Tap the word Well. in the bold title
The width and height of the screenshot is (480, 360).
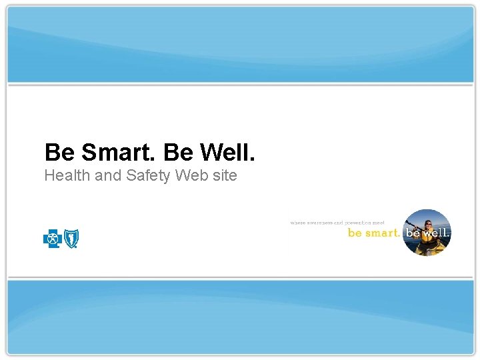pyautogui.click(x=226, y=153)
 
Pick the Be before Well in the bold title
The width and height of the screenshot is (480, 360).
pyautogui.click(x=177, y=153)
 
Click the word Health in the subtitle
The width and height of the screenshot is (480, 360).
pyautogui.click(x=65, y=176)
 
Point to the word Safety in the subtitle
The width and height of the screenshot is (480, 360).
pyautogui.click(x=148, y=176)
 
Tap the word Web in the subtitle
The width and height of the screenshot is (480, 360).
pyautogui.click(x=191, y=176)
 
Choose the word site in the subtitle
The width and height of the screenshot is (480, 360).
pyautogui.click(x=223, y=176)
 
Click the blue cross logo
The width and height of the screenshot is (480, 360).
pyautogui.click(x=52, y=237)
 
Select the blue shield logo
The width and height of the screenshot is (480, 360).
pyautogui.click(x=70, y=237)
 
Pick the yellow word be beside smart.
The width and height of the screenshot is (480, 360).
pyautogui.click(x=355, y=233)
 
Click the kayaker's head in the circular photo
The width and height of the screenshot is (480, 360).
pyautogui.click(x=427, y=224)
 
